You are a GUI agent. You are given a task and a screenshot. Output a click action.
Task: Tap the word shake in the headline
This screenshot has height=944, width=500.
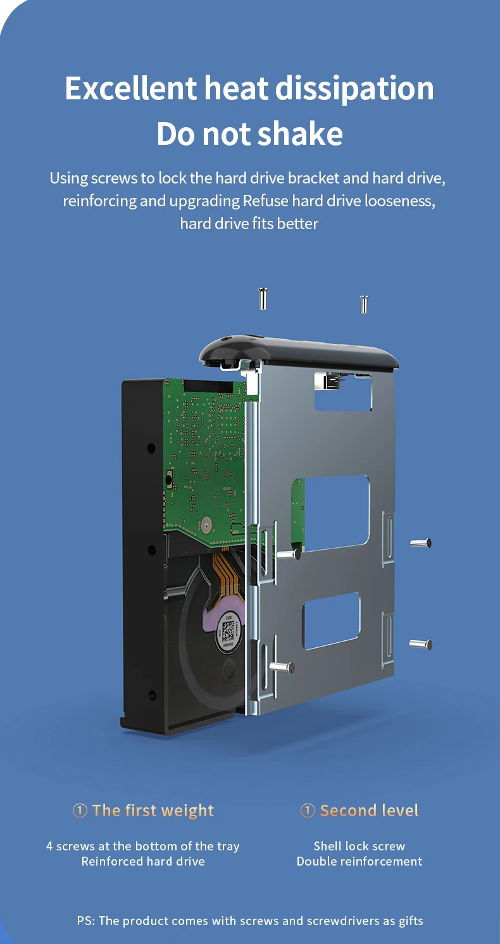coord(300,134)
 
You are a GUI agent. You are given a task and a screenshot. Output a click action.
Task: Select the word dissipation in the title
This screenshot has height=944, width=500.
coord(354,89)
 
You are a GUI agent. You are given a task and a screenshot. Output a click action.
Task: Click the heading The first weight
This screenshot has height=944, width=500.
coord(143,810)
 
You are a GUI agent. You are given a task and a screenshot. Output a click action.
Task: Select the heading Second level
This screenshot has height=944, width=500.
coord(359,810)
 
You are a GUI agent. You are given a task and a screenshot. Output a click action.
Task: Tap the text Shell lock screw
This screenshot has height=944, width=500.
coord(359,846)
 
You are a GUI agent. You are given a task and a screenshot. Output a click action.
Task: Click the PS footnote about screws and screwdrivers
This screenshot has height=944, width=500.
coord(250,921)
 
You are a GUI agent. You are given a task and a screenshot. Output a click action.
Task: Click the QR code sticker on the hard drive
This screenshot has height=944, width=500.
coord(228,631)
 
